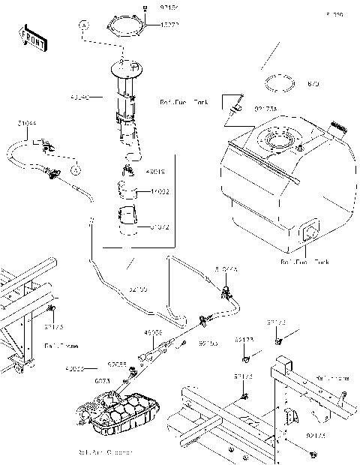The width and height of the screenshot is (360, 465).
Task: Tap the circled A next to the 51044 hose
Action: (x=75, y=171)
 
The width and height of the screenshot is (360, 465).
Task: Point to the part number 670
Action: (x=313, y=85)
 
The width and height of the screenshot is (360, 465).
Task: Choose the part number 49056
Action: (x=154, y=332)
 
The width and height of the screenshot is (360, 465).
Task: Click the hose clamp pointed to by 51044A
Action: (x=225, y=289)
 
